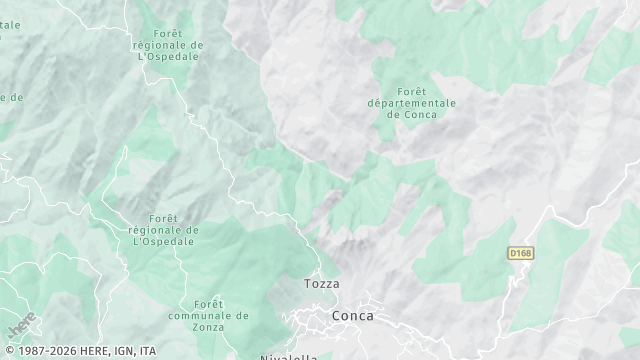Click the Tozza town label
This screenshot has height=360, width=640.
click(x=322, y=284)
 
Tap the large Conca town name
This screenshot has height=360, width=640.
click(x=353, y=316)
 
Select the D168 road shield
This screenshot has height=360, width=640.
click(x=518, y=254)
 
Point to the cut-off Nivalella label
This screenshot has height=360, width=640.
click(x=288, y=356)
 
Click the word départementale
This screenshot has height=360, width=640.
click(x=412, y=102)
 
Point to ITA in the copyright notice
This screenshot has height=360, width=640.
click(x=148, y=351)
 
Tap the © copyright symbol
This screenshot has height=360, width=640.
click(x=8, y=351)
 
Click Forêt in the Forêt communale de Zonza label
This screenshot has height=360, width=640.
click(x=208, y=303)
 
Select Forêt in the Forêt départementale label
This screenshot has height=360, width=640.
click(x=412, y=90)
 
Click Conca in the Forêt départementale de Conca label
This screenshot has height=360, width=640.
click(x=420, y=114)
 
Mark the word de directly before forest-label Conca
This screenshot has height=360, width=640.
click(x=392, y=114)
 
